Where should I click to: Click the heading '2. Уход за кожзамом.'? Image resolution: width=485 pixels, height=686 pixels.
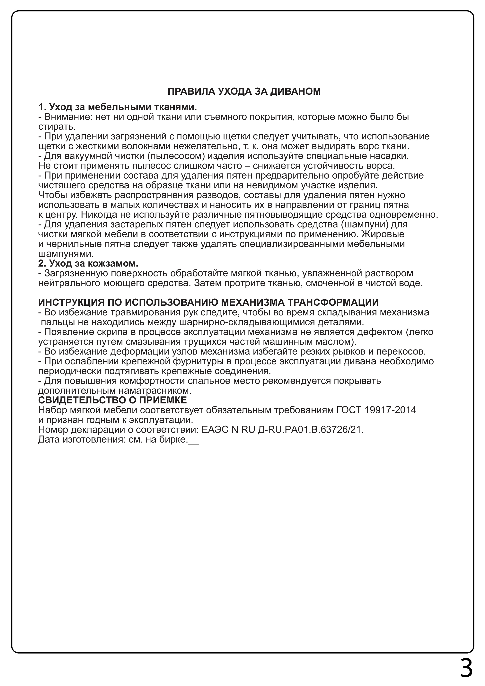tap(88, 264)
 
